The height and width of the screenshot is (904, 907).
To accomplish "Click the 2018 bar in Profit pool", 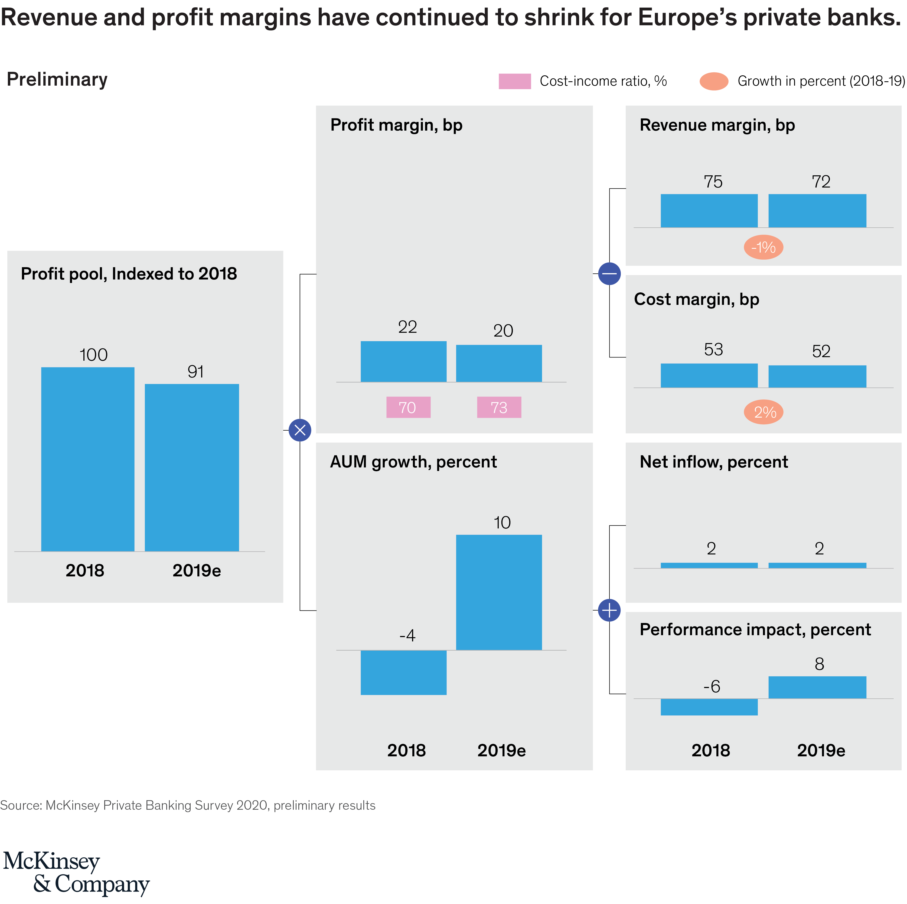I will click(88, 459).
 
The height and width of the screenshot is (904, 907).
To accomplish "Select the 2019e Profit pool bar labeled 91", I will click(191, 467).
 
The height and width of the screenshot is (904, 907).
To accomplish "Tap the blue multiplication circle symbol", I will click(300, 430).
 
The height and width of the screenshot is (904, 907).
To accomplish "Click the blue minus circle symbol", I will click(609, 273).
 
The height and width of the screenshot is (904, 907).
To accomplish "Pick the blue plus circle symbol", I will click(609, 610).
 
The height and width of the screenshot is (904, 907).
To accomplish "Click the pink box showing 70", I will click(408, 407).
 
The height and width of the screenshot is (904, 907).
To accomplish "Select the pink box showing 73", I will click(499, 407).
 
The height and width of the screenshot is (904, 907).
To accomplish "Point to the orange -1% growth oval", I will click(763, 247).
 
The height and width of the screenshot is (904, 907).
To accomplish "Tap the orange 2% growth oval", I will click(763, 412).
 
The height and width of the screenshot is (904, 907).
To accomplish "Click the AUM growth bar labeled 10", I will click(499, 592).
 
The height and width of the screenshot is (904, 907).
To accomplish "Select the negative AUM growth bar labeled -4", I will click(403, 672).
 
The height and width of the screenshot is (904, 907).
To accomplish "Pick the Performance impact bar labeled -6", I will click(709, 707).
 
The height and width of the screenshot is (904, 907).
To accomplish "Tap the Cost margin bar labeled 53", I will click(709, 375).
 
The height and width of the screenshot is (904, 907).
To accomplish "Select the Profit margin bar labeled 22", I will click(403, 361).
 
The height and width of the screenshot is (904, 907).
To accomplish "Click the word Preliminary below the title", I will click(57, 79).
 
